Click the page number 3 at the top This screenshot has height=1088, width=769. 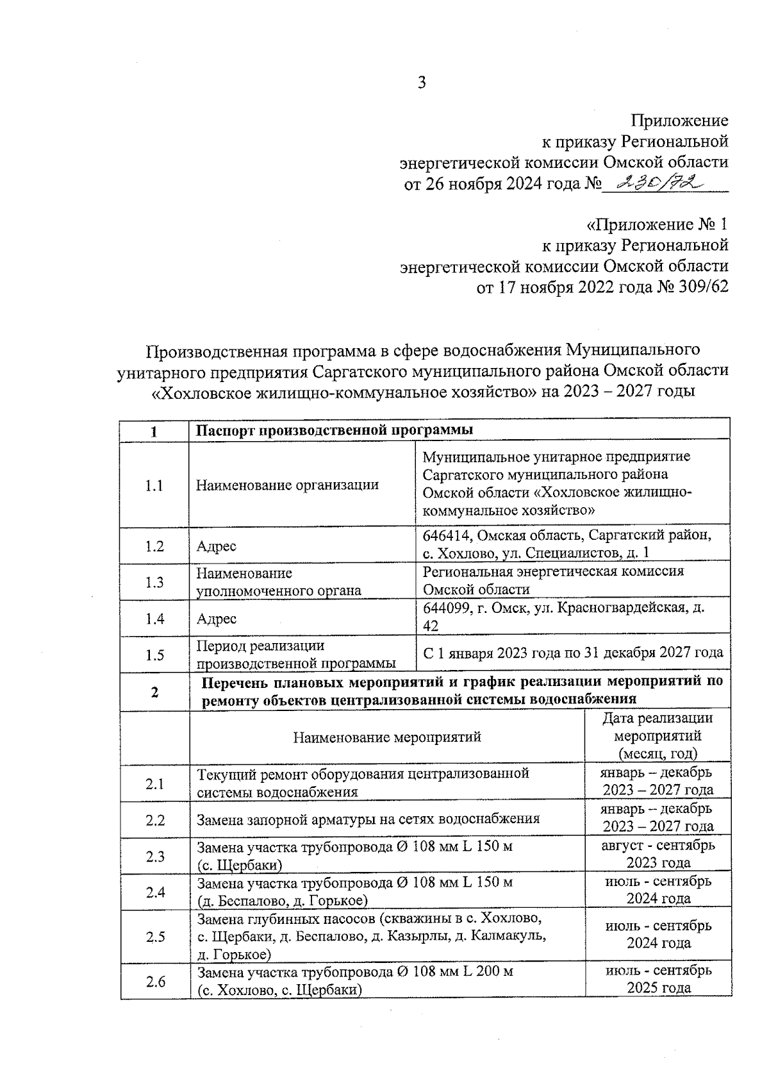(x=422, y=83)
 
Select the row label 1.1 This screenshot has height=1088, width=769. (x=154, y=485)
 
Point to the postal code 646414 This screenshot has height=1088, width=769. (x=446, y=535)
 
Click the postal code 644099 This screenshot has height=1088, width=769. (x=446, y=607)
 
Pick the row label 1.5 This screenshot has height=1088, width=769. (x=154, y=655)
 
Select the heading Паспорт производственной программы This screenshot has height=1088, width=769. (x=335, y=430)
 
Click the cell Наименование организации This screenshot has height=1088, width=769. (x=287, y=485)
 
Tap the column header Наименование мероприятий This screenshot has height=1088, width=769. (x=387, y=737)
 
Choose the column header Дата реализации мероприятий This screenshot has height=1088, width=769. (x=657, y=736)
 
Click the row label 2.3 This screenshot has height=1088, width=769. (x=154, y=856)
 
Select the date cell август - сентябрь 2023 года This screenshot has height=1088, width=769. (x=658, y=854)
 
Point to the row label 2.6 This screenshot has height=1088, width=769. (x=154, y=982)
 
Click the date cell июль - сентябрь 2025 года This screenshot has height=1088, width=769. (x=658, y=979)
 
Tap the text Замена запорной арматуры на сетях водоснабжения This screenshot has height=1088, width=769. (x=368, y=819)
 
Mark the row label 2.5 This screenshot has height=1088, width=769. (x=154, y=937)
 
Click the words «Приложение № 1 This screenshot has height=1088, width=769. (x=657, y=225)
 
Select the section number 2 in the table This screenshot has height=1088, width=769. (x=154, y=691)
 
